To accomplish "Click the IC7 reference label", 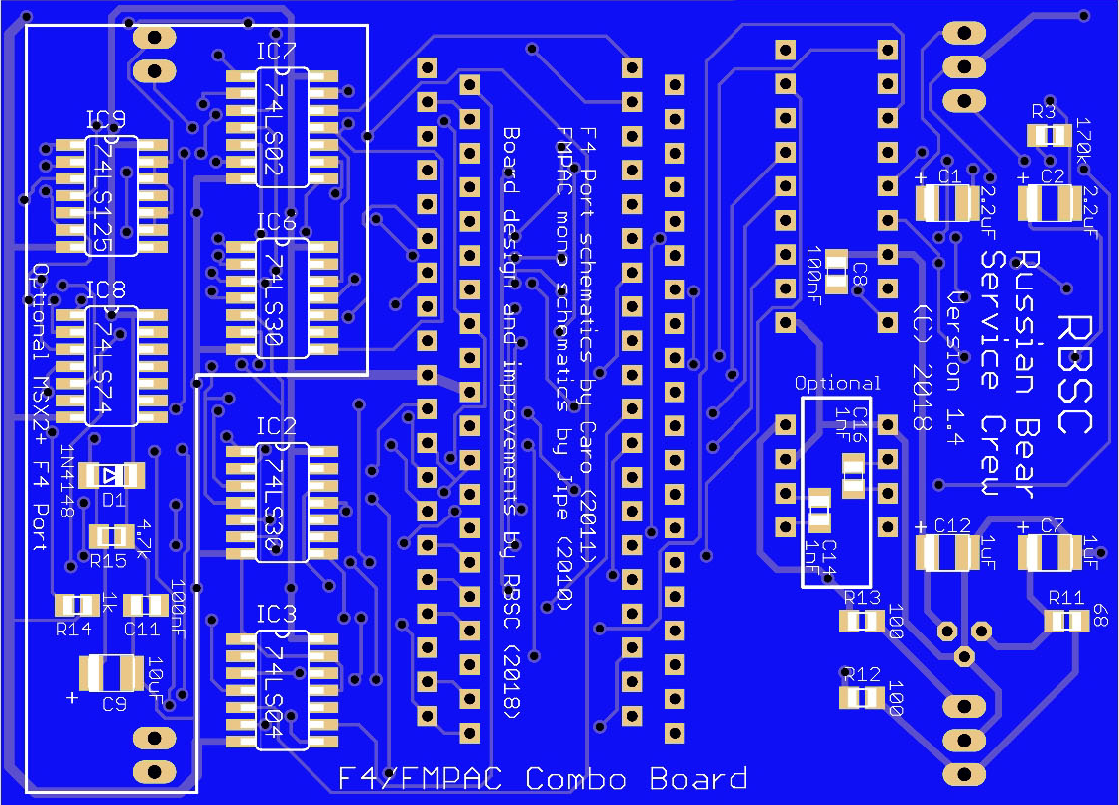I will point(276,51).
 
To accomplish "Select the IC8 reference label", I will point(105,290).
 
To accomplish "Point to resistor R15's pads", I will point(111,536).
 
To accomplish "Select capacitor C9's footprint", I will point(112,673).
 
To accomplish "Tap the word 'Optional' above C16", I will point(837,383).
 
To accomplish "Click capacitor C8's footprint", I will point(837,270).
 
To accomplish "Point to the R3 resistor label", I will point(1043,111).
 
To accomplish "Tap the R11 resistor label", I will point(1066,597).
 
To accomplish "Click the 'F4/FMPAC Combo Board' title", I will point(543,779).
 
